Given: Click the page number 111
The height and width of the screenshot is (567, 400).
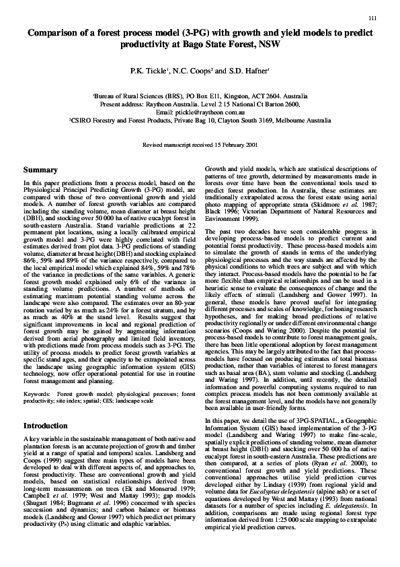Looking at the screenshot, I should tap(372, 18).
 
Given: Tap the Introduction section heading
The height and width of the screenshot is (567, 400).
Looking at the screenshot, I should tap(48, 426).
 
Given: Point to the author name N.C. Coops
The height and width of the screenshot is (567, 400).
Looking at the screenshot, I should tap(209, 70).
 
